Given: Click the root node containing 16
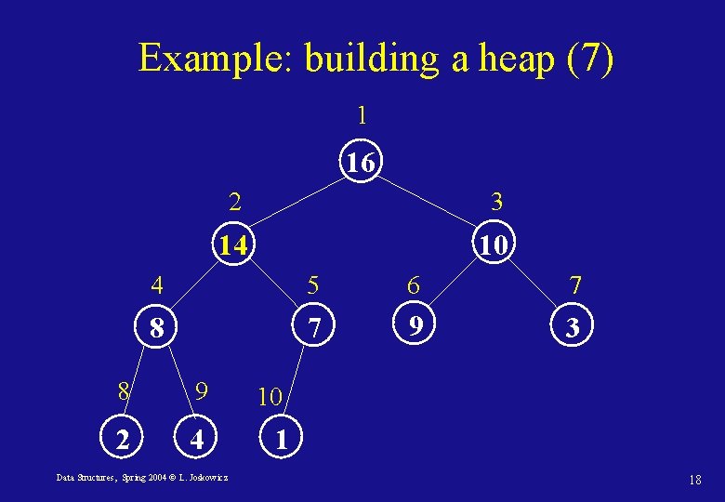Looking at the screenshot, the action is (361, 164).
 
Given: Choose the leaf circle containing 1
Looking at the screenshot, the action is (281, 438).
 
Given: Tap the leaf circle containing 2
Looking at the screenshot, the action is (122, 438).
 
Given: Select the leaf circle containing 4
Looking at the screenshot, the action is (195, 438).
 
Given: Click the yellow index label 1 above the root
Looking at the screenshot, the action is (362, 115).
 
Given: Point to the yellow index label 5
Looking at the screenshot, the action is (313, 284).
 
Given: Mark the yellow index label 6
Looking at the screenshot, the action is (414, 284).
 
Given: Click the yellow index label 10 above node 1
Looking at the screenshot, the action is (270, 397).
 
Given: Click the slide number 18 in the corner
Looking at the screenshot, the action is (694, 480).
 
